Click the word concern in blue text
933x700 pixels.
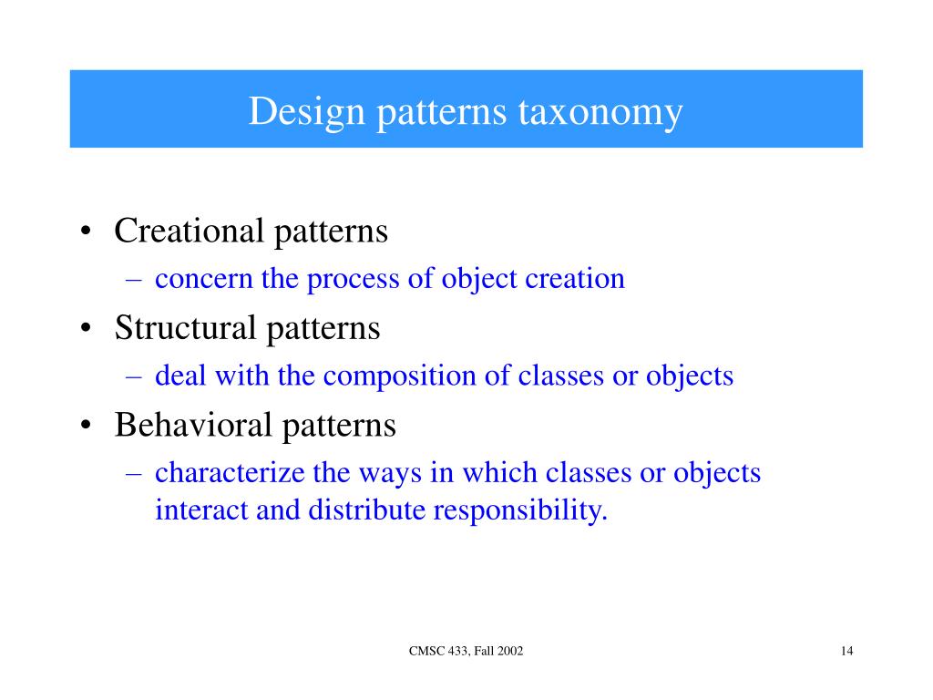[204, 279]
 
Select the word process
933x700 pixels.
[347, 279]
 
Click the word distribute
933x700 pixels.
[366, 510]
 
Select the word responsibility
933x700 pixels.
[519, 511]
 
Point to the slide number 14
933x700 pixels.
[847, 650]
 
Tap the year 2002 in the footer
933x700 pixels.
[508, 650]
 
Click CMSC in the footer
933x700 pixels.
[425, 650]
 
